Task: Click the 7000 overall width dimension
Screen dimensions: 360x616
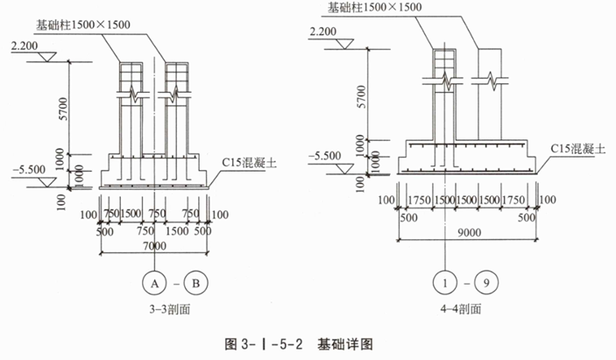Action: (154, 246)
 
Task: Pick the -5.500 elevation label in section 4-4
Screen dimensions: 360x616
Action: (324, 156)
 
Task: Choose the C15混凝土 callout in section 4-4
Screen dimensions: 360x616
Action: (576, 149)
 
